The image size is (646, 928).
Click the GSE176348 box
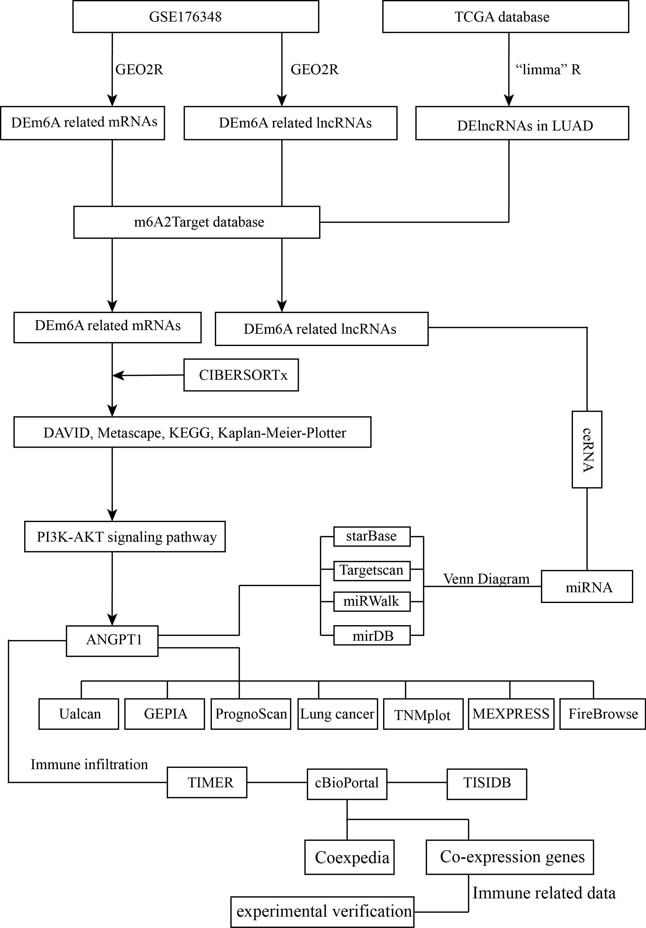[196, 16]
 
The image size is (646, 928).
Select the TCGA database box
[505, 16]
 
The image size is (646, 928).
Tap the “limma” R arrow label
[548, 69]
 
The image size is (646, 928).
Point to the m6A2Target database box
[196, 222]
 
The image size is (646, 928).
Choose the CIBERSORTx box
[241, 375]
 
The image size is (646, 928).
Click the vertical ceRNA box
[586, 449]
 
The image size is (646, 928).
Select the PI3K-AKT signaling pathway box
[125, 536]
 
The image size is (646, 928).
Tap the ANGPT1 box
[112, 641]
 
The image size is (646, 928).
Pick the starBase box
[371, 536]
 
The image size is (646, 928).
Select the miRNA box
[586, 587]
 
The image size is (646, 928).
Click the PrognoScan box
[251, 714]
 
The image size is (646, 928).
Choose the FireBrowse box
[602, 714]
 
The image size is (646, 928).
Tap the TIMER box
[207, 783]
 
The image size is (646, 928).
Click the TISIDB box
[487, 783]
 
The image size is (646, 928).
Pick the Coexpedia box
[349, 857]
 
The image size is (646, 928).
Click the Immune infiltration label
[89, 764]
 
